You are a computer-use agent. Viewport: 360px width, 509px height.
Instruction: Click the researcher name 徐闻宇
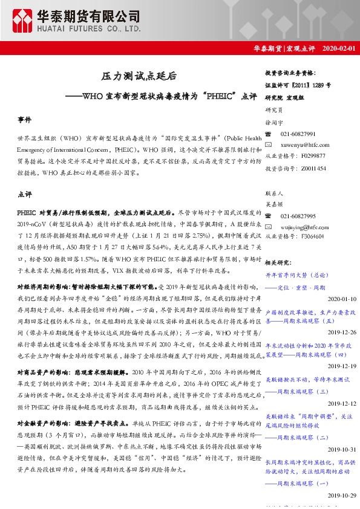click(275, 123)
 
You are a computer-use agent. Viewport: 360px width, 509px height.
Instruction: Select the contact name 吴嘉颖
click(275, 204)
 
